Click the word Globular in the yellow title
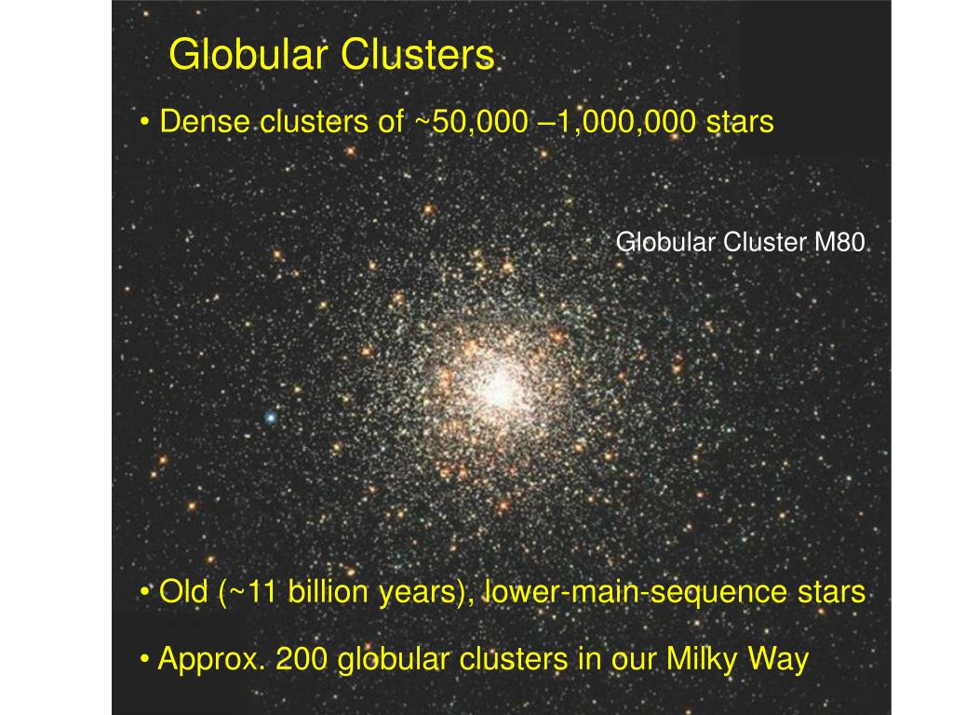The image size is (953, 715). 248,55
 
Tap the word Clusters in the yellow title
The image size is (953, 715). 418,55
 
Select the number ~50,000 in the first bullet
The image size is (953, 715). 472,122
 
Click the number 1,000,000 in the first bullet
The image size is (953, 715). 625,122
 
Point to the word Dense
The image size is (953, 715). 204,121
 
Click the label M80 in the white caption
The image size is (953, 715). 839,242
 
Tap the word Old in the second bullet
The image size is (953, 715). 183,591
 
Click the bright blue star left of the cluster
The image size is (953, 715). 271,418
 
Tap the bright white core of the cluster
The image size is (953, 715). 500,387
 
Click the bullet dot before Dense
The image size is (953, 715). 144,122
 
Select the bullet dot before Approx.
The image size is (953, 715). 144,660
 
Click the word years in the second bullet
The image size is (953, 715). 426,592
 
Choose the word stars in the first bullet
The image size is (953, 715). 740,122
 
